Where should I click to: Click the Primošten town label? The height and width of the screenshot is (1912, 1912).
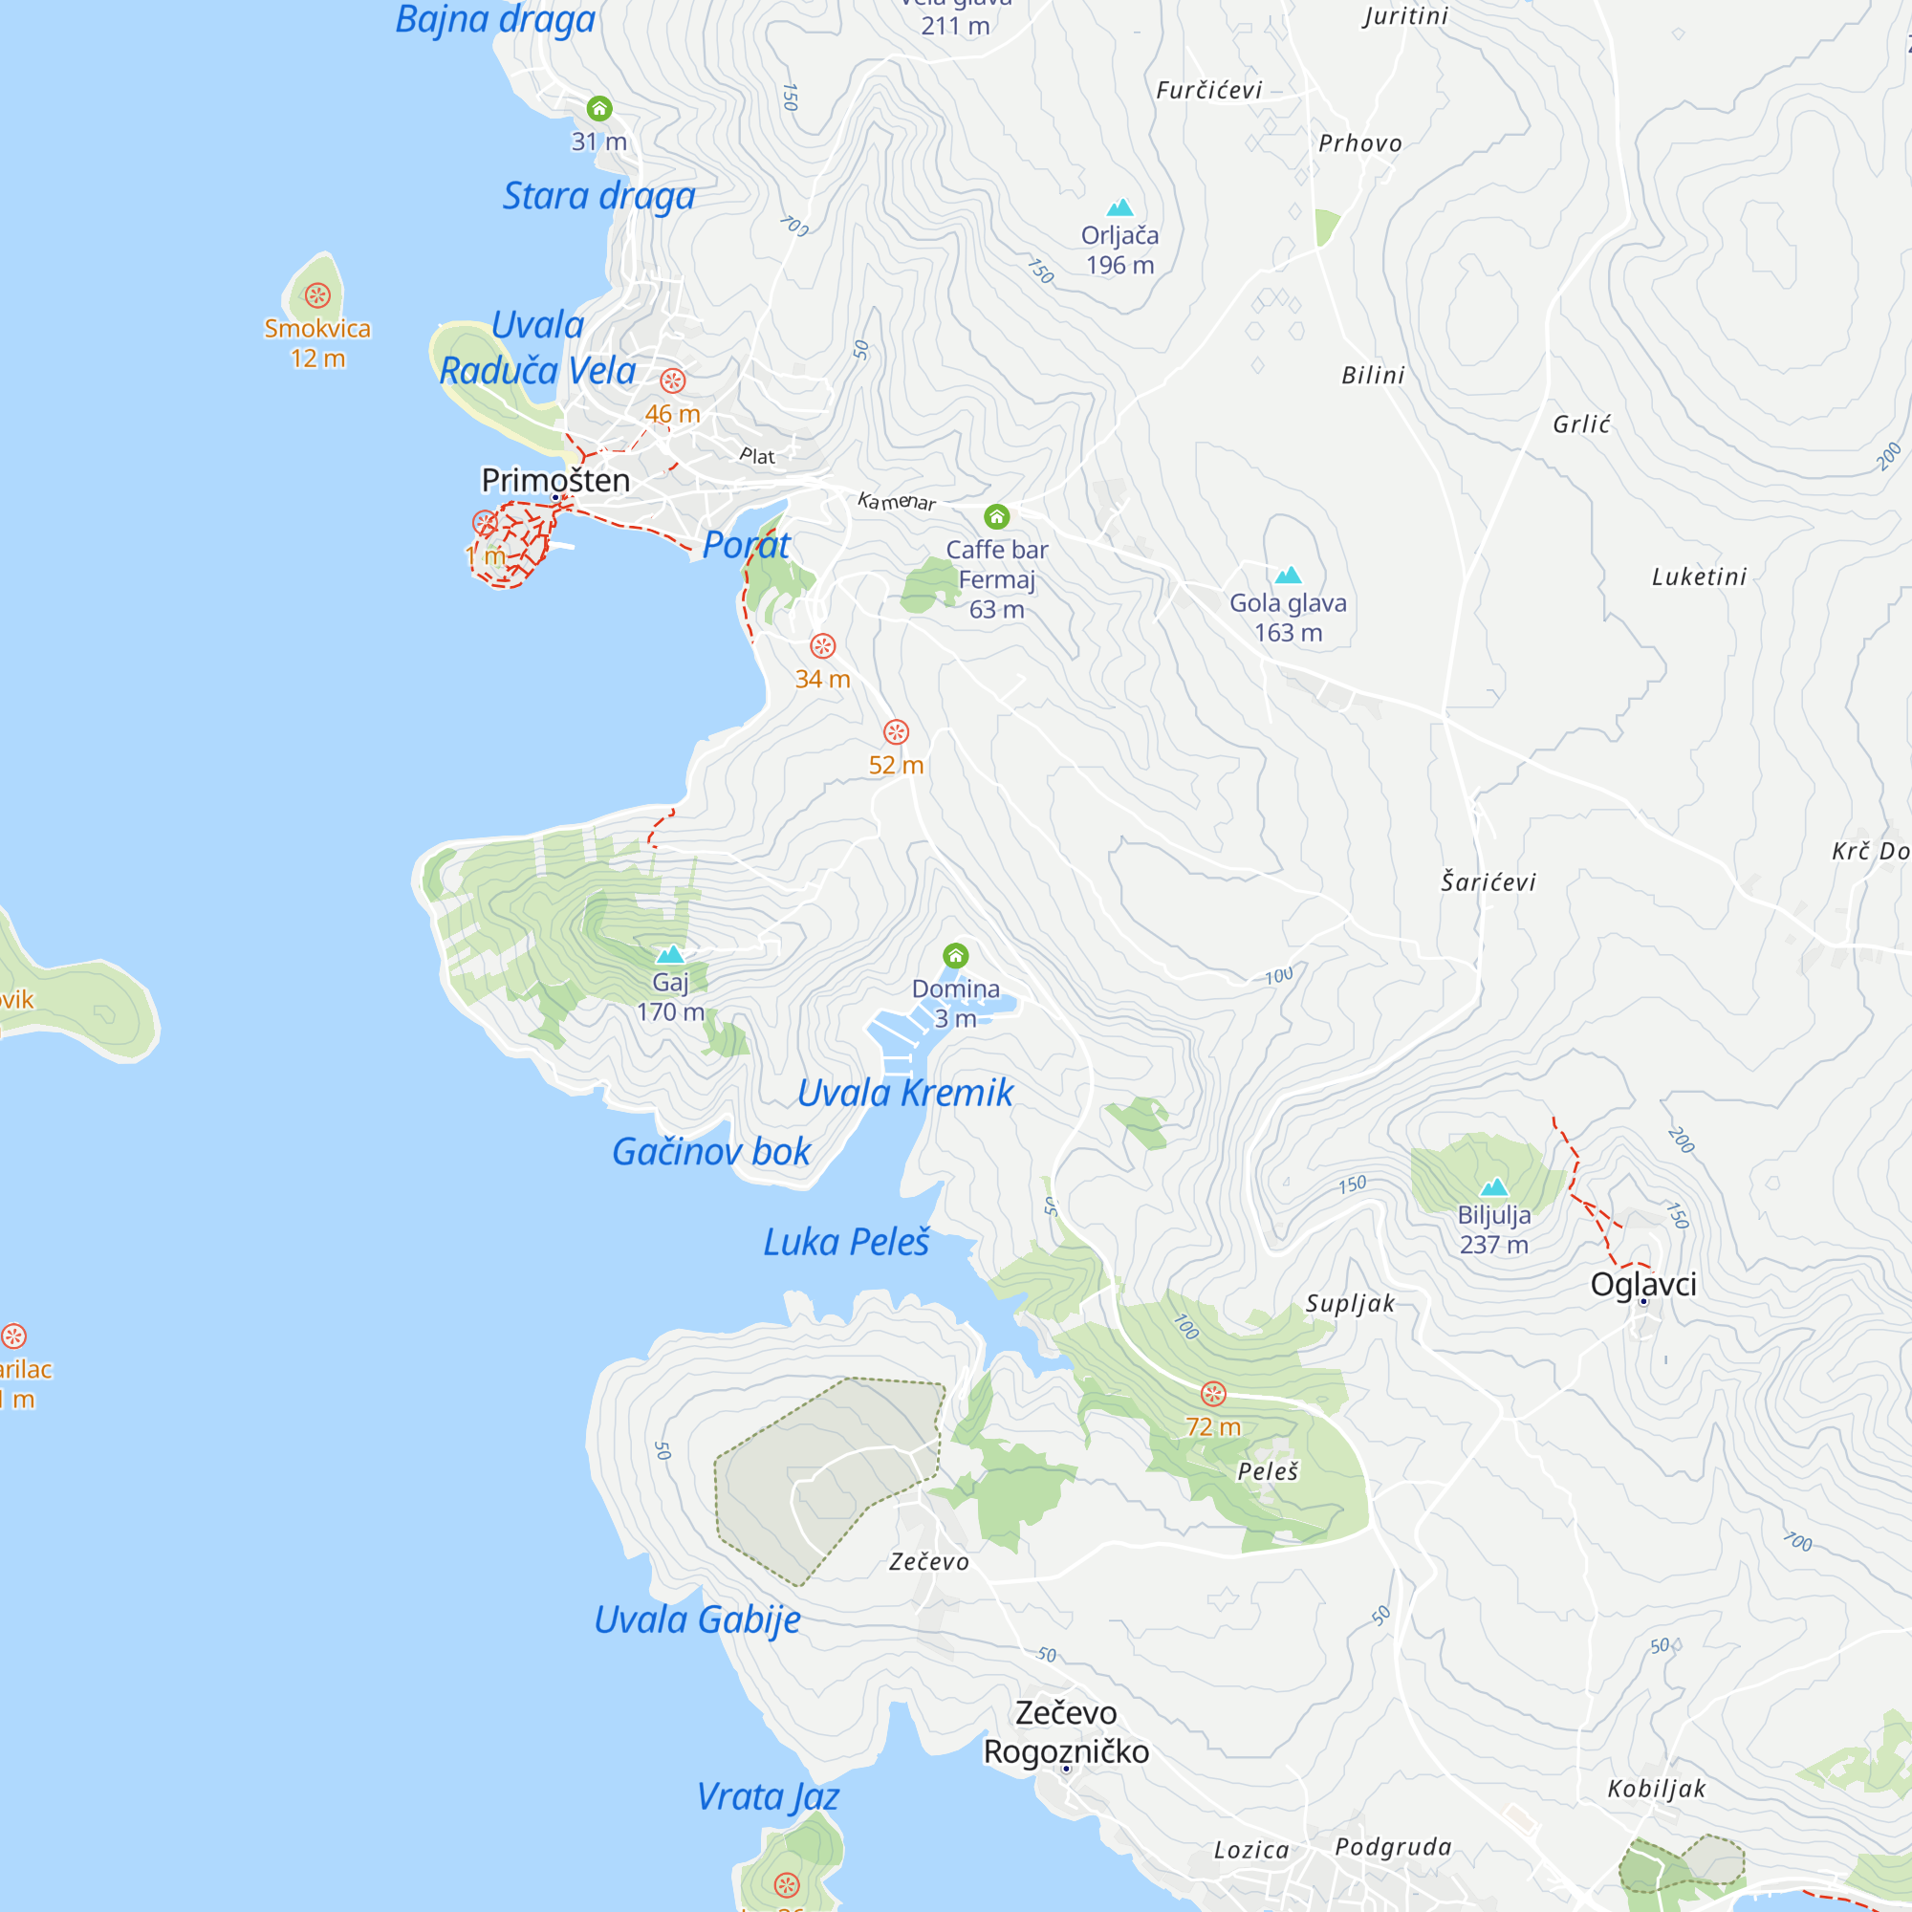(555, 480)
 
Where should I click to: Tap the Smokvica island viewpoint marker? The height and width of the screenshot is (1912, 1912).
(317, 294)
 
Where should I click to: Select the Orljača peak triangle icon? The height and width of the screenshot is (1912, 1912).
(1119, 206)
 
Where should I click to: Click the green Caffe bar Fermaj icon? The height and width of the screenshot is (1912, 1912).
(996, 516)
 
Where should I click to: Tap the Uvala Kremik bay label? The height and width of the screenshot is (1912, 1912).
(904, 1093)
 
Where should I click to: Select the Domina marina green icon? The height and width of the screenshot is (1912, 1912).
(955, 955)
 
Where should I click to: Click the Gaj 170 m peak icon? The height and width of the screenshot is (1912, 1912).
(670, 954)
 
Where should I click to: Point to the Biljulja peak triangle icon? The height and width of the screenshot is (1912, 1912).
(1493, 1186)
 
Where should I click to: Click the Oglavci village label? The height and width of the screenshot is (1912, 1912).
(1642, 1285)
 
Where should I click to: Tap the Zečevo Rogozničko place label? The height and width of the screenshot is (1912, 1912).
(1066, 1732)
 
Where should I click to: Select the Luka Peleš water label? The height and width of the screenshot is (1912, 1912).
(846, 1242)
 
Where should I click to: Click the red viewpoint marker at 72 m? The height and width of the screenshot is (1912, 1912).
(1213, 1394)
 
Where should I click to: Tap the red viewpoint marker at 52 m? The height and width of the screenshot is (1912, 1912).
(896, 731)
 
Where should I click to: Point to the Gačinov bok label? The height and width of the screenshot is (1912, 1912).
(710, 1151)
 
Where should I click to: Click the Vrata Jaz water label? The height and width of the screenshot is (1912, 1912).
(767, 1796)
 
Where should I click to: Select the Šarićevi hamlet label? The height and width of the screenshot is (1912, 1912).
(1488, 881)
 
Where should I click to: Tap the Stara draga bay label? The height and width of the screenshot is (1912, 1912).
(598, 196)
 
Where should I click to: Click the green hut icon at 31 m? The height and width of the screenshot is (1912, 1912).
(598, 108)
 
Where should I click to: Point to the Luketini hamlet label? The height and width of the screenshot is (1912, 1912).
(1698, 577)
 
